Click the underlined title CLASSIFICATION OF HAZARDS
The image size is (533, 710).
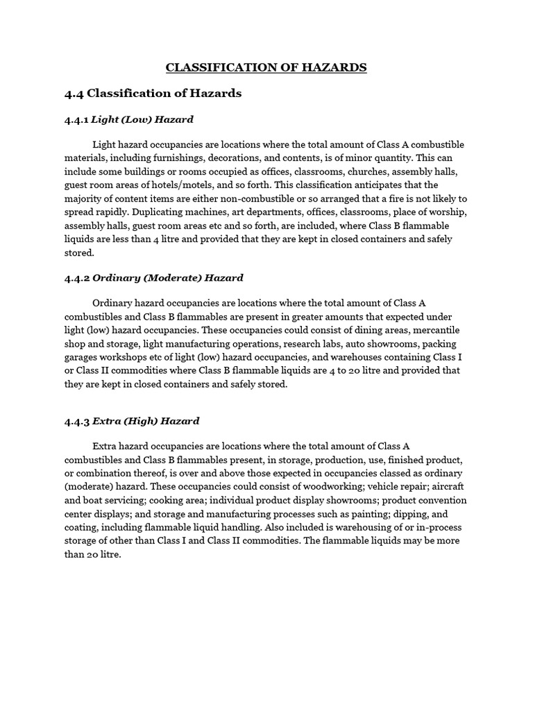coord(266,67)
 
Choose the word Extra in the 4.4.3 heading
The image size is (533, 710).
coord(105,421)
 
